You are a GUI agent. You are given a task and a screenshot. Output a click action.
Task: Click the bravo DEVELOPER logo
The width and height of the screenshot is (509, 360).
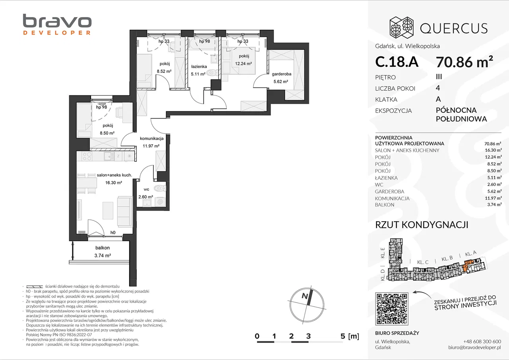click(57, 25)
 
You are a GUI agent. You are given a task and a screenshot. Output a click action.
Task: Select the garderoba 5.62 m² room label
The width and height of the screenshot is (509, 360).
click(281, 77)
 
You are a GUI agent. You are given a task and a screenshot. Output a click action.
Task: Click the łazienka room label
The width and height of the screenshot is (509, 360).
click(199, 66)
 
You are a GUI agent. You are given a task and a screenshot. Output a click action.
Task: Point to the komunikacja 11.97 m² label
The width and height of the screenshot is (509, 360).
click(152, 142)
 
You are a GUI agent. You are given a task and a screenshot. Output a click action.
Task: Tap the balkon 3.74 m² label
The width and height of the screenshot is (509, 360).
click(103, 252)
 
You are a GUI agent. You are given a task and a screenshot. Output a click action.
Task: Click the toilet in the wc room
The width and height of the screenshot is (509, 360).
click(160, 188)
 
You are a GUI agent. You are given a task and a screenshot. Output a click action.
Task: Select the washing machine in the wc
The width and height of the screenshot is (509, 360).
click(160, 202)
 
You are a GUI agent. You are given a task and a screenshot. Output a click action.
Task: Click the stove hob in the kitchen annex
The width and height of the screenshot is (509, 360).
click(87, 156)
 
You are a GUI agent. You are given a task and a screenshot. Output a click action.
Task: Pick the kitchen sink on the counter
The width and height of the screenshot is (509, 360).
click(109, 156)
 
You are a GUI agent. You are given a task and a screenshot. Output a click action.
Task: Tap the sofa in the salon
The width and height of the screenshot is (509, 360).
click(124, 212)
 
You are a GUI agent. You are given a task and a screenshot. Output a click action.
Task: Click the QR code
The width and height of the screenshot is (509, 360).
click(392, 309)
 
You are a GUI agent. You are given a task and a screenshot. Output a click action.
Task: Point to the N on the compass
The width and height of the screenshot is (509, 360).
click(305, 296)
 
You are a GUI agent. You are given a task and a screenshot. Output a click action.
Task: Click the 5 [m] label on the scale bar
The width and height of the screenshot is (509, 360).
click(350, 336)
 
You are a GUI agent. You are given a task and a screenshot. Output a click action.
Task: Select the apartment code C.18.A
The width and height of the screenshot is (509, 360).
click(397, 62)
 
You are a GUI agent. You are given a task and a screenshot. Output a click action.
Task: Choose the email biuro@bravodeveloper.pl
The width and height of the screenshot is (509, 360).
click(475, 347)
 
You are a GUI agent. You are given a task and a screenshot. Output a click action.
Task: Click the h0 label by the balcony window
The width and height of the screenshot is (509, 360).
click(113, 232)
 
